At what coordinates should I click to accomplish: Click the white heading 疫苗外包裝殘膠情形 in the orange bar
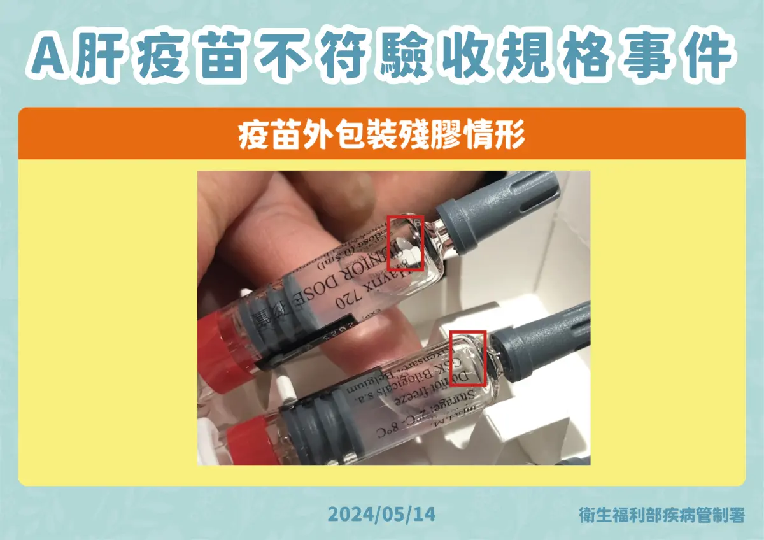pyautogui.click(x=381, y=135)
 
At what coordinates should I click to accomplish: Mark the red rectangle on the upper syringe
pyautogui.click(x=406, y=243)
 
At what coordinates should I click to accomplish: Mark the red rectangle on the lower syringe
pyautogui.click(x=468, y=358)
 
